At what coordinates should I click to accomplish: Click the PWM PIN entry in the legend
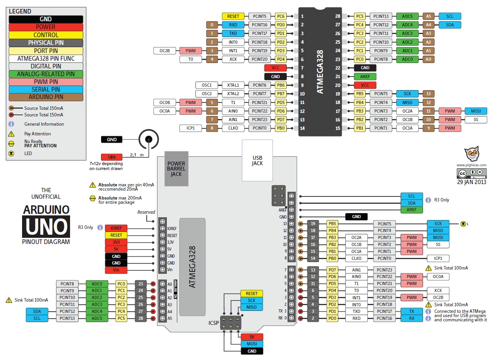46,82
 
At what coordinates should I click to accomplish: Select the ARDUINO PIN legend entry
46,97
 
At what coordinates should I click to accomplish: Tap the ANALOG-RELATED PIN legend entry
46,74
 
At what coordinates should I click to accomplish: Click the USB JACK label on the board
257,160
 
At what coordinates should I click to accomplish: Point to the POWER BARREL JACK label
176,169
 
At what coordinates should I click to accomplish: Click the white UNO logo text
46,227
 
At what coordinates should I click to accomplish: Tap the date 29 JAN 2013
471,182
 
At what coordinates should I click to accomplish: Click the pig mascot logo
471,154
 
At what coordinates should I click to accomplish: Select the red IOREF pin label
116,228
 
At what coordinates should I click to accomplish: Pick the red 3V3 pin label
116,242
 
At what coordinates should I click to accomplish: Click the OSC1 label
207,85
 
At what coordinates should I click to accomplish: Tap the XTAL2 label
233,94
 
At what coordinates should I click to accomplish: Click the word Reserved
146,212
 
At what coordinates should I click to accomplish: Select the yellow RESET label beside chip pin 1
233,16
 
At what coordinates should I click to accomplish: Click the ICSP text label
214,323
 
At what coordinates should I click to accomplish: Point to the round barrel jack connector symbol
148,140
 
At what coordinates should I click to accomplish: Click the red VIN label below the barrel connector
111,157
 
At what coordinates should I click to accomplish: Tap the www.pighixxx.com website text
471,165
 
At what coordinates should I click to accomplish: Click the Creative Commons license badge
471,174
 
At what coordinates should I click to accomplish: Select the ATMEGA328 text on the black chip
320,72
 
